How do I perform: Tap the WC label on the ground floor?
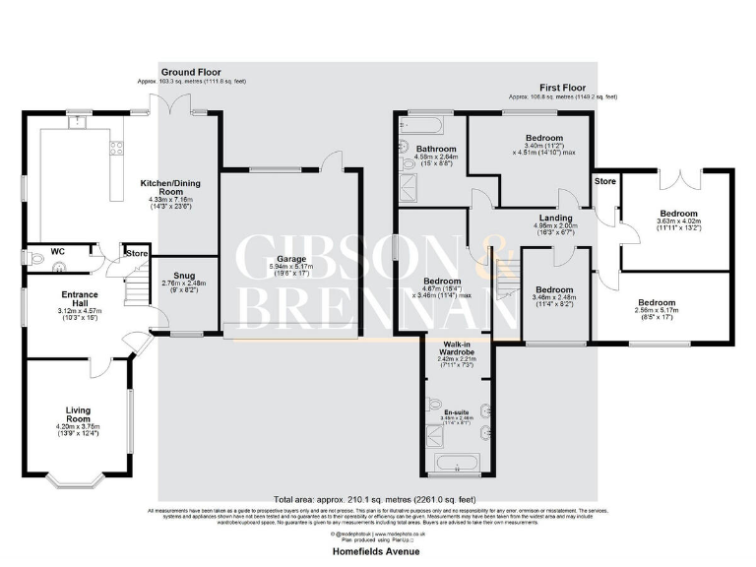(57, 251)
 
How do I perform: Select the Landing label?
(554, 219)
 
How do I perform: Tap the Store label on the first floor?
(604, 181)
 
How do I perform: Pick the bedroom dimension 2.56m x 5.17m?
(656, 313)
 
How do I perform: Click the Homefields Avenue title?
(378, 551)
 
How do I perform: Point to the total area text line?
(378, 500)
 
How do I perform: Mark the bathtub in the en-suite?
(456, 463)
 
